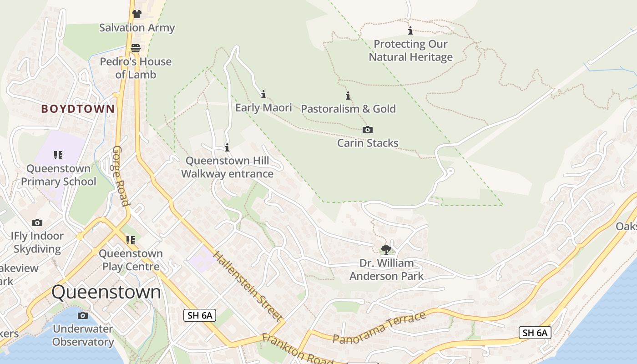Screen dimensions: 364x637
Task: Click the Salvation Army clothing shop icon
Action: pyautogui.click(x=136, y=14)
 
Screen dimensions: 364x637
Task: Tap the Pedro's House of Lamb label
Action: pyautogui.click(x=136, y=68)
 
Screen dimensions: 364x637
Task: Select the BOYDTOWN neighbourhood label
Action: pyautogui.click(x=78, y=109)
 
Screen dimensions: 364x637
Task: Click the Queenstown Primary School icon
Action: pyautogui.click(x=58, y=155)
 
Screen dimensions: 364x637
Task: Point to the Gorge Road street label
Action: pyautogui.click(x=121, y=176)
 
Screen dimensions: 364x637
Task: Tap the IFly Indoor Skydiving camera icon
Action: pyautogui.click(x=37, y=222)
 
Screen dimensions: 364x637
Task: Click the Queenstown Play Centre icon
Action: pyautogui.click(x=131, y=240)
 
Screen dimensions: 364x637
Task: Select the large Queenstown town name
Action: pyautogui.click(x=106, y=292)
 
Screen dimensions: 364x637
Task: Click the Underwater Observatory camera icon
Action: pyautogui.click(x=82, y=315)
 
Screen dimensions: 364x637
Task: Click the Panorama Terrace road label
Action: pyautogui.click(x=379, y=328)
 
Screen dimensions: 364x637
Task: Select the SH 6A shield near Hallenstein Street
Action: pyautogui.click(x=199, y=315)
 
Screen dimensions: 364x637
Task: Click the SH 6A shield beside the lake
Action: pyautogui.click(x=535, y=333)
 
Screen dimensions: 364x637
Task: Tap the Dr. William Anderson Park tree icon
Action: pyautogui.click(x=386, y=249)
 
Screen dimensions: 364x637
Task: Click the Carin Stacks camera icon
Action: pyautogui.click(x=368, y=130)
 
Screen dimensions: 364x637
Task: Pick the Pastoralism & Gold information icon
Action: pyautogui.click(x=348, y=96)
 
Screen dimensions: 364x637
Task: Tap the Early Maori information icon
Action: pyautogui.click(x=263, y=94)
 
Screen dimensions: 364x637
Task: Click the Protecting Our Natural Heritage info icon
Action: pyautogui.click(x=410, y=30)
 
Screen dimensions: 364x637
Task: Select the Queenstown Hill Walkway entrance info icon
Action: pyautogui.click(x=227, y=147)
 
